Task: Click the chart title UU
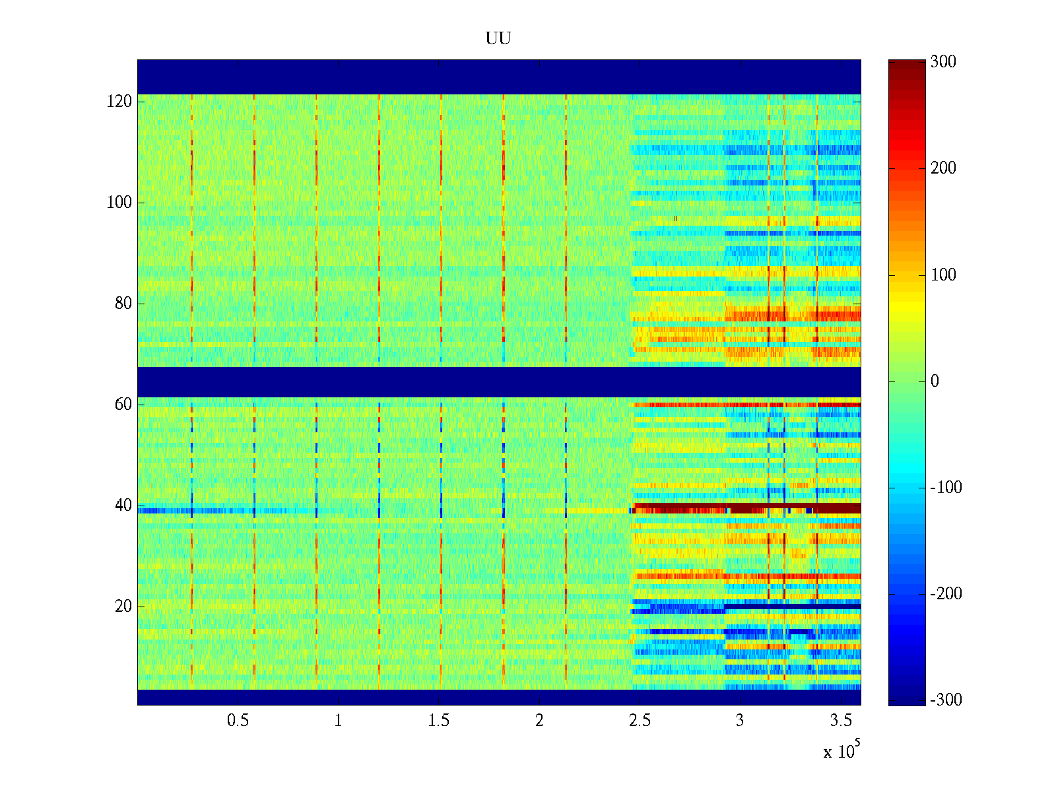click(x=498, y=39)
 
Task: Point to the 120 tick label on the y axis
click(x=119, y=102)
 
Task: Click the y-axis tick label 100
click(x=119, y=203)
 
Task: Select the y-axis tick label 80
click(x=123, y=304)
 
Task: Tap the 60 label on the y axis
click(x=123, y=405)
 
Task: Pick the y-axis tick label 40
click(x=123, y=506)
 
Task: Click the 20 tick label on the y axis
click(x=123, y=607)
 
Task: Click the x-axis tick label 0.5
click(x=238, y=721)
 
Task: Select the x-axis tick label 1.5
click(x=439, y=721)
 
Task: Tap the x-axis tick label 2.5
click(x=640, y=721)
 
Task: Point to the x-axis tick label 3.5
click(x=841, y=721)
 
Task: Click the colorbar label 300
click(x=943, y=62)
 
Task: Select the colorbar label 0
click(x=935, y=381)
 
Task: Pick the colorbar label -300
click(x=946, y=700)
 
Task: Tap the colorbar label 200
click(x=943, y=168)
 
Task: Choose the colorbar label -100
click(x=946, y=488)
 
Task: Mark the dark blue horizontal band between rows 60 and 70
click(x=498, y=382)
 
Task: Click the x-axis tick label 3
click(x=740, y=721)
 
